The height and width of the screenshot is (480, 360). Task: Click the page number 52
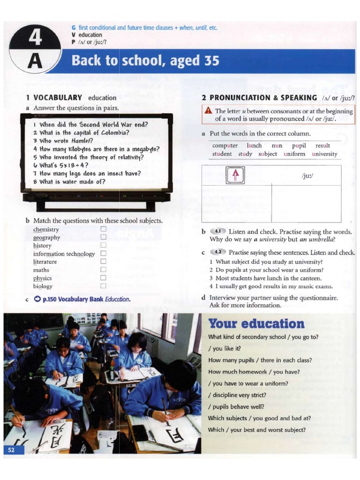(x=11, y=450)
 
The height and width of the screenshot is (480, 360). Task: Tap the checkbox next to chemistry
(x=103, y=229)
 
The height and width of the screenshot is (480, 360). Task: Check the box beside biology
(x=103, y=286)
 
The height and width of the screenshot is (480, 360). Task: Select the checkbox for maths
(x=103, y=270)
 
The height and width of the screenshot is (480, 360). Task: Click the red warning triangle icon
(x=209, y=111)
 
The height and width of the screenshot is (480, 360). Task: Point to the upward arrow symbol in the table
(x=236, y=175)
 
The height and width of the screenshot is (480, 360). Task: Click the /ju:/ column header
(x=307, y=176)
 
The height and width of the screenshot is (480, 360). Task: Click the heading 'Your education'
(x=256, y=323)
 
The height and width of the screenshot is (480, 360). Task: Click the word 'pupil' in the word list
(x=299, y=146)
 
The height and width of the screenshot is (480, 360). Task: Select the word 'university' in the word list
(x=324, y=154)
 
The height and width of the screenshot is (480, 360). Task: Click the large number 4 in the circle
(x=35, y=38)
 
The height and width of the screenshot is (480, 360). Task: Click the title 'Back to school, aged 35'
(x=145, y=61)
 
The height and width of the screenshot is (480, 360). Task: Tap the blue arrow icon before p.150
(x=37, y=299)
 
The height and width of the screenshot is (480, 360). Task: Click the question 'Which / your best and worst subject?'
(x=256, y=429)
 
